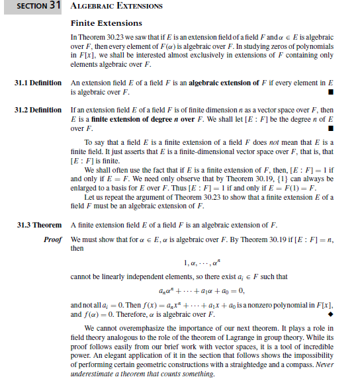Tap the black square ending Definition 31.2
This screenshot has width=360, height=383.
pyautogui.click(x=330, y=128)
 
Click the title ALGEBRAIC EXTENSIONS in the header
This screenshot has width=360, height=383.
pyautogui.click(x=116, y=7)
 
